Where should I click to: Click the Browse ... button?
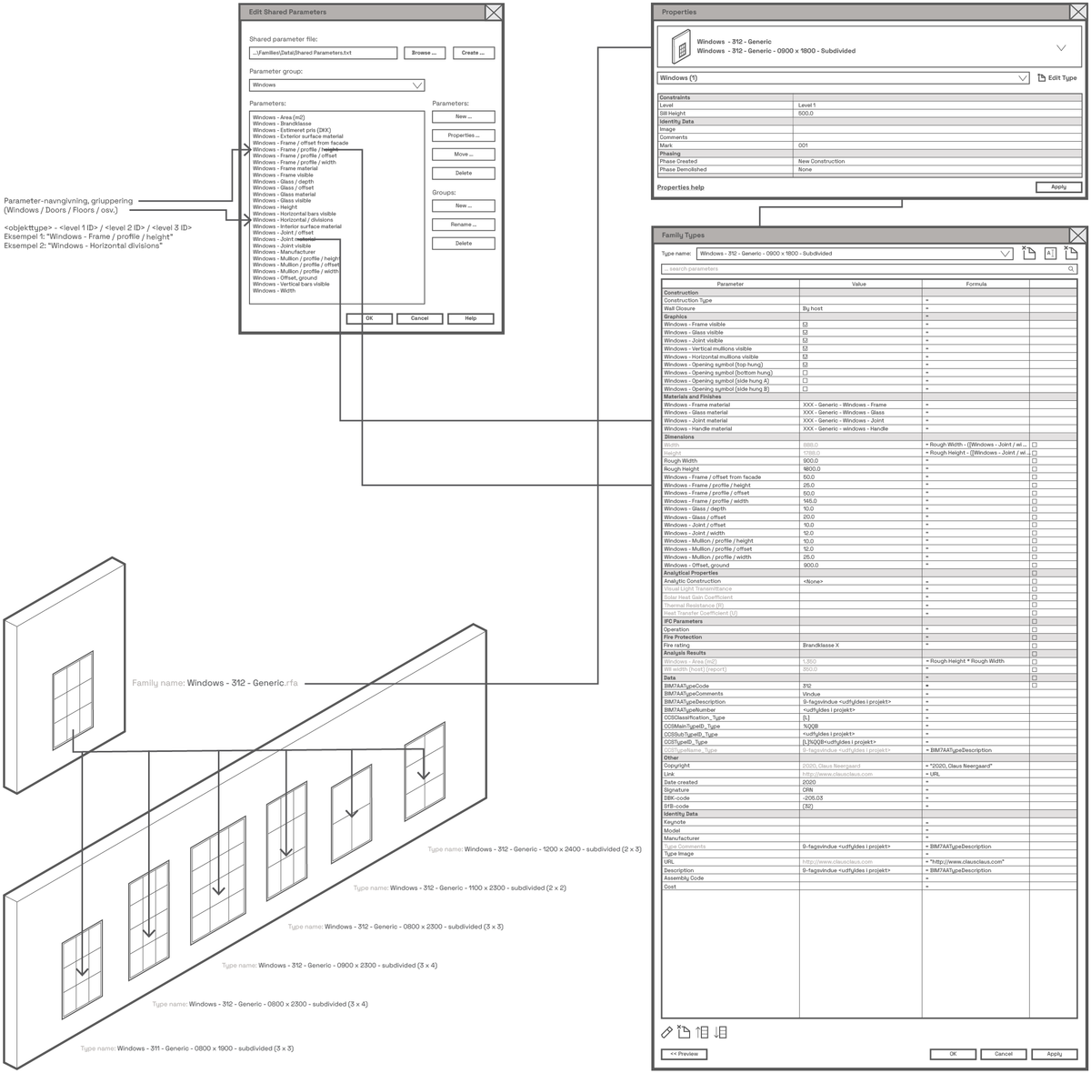point(424,53)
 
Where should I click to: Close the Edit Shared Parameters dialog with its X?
point(493,12)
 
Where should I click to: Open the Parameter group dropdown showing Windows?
point(336,85)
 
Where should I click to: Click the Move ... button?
point(463,155)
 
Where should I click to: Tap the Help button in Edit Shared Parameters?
point(470,318)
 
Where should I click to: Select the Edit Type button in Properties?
point(1057,78)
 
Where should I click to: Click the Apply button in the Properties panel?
point(1058,186)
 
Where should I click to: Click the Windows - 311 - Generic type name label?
point(186,1048)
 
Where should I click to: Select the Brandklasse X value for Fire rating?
point(821,646)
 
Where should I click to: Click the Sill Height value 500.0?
point(806,114)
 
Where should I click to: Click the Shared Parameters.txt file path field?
point(323,53)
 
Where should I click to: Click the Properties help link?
point(681,187)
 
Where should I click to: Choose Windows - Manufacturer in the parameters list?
point(284,252)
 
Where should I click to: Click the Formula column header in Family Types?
point(975,284)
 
